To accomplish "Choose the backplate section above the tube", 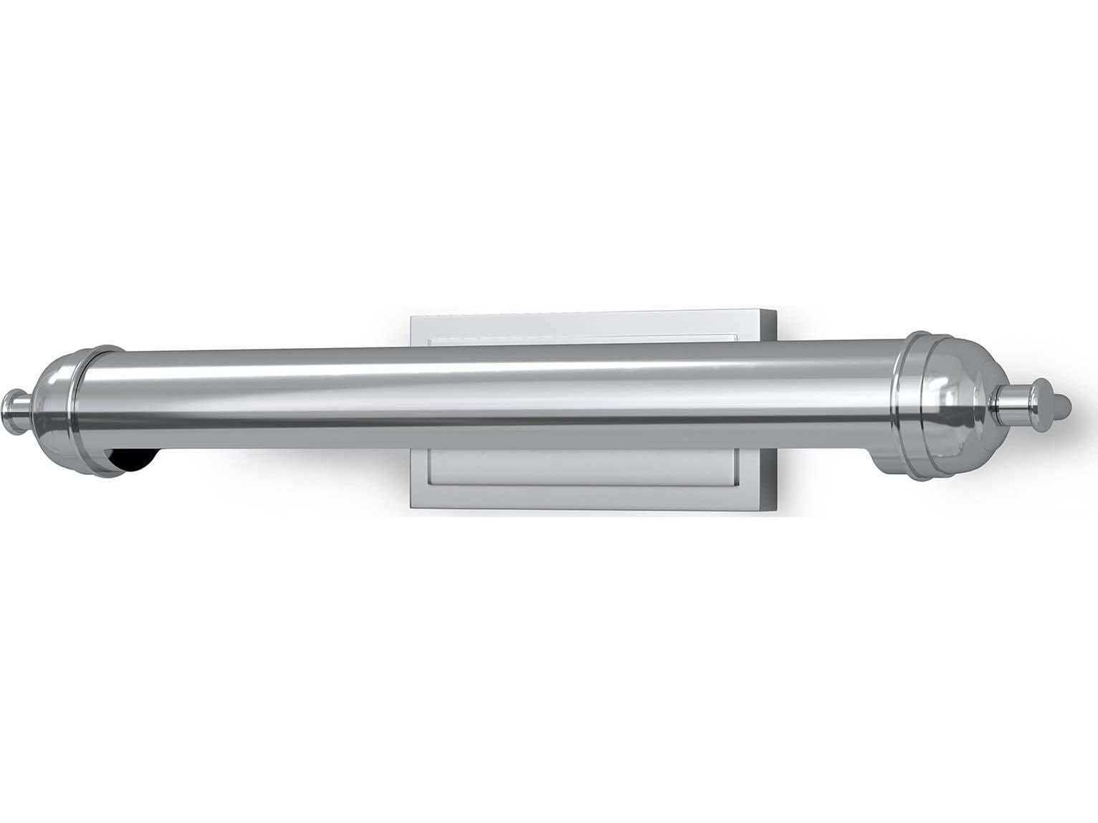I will (x=588, y=328).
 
